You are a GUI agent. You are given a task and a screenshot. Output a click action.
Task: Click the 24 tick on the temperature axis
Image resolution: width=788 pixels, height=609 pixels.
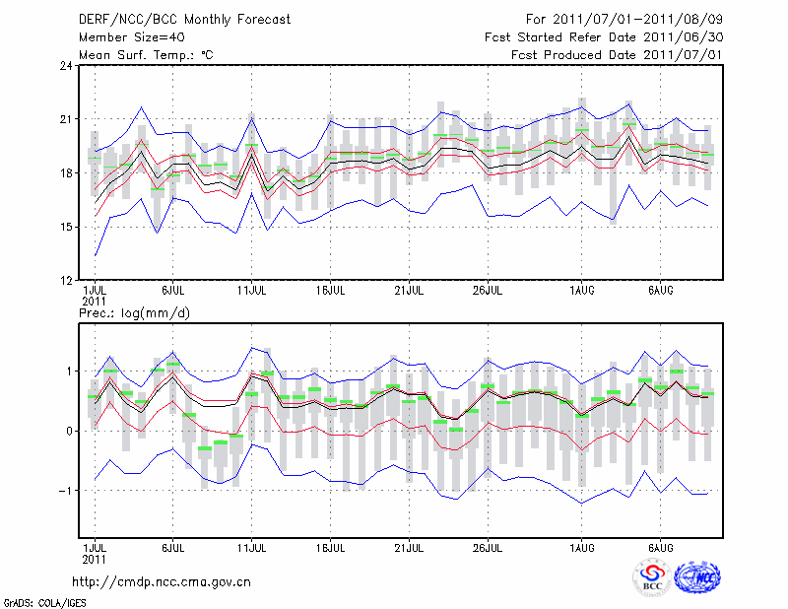tap(66, 66)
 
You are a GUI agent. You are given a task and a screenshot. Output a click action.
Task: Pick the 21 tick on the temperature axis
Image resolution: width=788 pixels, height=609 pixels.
tap(66, 120)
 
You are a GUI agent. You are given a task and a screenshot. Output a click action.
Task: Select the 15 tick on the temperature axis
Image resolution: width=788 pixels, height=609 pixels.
tap(66, 228)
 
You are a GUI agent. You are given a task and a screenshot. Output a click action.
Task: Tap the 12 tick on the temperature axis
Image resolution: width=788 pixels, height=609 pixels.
tap(66, 281)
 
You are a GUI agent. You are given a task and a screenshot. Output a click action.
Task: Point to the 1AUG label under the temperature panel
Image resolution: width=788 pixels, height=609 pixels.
tap(582, 291)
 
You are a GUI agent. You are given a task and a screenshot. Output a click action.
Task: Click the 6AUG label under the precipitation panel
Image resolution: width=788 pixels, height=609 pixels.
tap(661, 547)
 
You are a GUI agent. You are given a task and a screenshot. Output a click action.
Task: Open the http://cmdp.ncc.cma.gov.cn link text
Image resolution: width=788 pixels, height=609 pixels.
tap(163, 581)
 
